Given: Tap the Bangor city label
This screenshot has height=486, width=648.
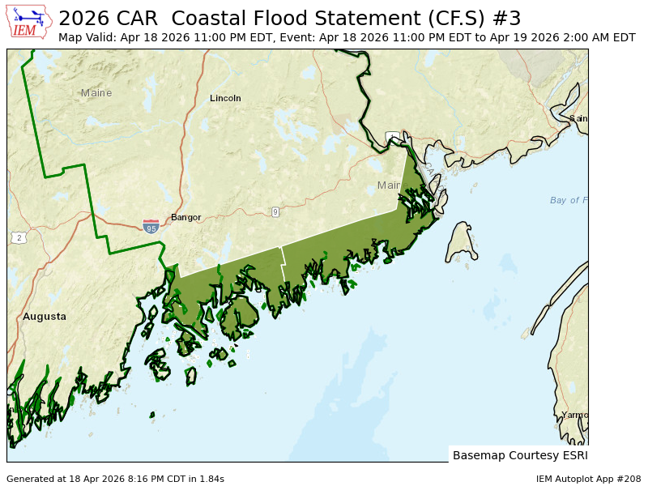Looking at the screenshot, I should [x=185, y=217].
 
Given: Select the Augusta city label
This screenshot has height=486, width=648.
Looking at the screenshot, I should [x=45, y=317].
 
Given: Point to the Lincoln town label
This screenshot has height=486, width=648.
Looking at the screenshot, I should [x=225, y=98].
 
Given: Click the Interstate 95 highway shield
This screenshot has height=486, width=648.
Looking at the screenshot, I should [x=151, y=227].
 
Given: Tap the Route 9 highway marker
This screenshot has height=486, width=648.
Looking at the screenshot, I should [x=275, y=212].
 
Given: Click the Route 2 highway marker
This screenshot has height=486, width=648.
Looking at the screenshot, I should [x=18, y=237].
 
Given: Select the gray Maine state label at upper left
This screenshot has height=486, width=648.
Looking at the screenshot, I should [x=96, y=93].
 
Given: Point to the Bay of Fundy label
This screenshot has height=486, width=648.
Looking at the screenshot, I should [x=569, y=200].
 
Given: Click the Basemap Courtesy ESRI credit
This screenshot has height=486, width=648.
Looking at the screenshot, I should [x=518, y=455].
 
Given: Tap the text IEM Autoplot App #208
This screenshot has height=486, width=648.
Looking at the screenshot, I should [x=588, y=479].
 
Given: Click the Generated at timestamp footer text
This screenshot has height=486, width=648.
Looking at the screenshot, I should [x=115, y=479].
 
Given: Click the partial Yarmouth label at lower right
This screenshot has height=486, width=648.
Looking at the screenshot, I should [x=574, y=415].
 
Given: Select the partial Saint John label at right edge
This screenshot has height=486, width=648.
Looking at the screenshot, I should [x=578, y=118].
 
